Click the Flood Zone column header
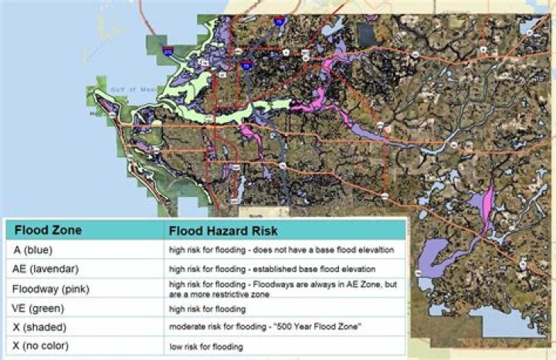[x=48, y=229]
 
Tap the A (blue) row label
[x=32, y=250]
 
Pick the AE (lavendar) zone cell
[x=46, y=269]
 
